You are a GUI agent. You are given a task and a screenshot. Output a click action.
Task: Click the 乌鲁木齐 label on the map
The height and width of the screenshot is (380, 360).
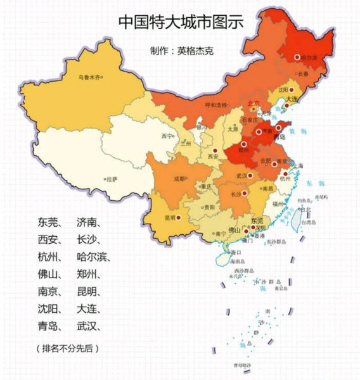tap(89, 78)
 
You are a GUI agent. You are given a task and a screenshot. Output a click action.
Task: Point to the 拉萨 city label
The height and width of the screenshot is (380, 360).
tap(111, 179)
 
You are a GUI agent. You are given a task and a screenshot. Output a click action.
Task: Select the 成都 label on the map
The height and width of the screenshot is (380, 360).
tap(179, 179)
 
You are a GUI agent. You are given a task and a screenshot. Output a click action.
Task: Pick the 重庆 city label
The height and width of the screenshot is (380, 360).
tap(205, 187)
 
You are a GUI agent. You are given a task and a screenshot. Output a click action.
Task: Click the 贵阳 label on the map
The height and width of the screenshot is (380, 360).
tap(208, 207)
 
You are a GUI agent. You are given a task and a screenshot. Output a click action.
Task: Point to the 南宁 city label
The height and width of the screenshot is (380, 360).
tap(221, 234)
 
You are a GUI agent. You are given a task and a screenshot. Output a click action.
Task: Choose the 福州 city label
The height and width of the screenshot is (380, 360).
tap(278, 204)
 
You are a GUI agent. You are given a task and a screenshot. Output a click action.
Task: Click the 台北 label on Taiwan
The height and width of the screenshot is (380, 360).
tap(306, 208)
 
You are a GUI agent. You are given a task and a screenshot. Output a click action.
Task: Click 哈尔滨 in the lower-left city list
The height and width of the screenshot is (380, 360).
tap(93, 256)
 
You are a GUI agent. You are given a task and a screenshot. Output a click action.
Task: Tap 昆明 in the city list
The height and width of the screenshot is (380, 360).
tap(87, 291)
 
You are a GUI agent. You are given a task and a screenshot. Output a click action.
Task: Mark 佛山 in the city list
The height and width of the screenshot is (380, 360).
tap(48, 274)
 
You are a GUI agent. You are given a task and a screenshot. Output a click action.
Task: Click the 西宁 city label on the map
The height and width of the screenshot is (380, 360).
tap(167, 136)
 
